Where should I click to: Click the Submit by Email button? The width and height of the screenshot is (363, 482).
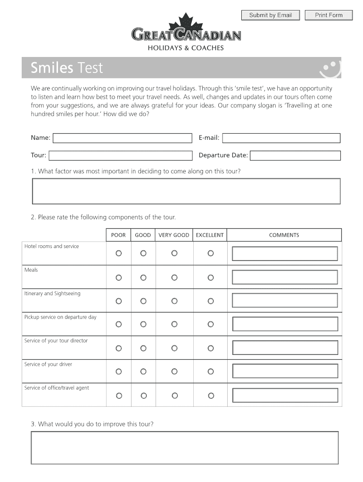[270, 16]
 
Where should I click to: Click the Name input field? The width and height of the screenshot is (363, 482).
[123, 138]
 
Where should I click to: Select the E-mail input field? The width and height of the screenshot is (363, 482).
[281, 138]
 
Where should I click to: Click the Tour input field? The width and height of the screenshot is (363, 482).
[120, 155]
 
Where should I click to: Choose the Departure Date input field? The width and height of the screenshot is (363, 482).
[295, 155]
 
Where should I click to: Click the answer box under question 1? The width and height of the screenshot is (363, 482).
[186, 191]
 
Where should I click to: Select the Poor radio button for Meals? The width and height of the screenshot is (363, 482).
[119, 277]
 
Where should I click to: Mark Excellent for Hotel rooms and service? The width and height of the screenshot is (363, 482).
[211, 253]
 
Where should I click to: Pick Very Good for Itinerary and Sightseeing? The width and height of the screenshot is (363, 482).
[174, 301]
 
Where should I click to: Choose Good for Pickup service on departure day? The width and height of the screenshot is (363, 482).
[143, 324]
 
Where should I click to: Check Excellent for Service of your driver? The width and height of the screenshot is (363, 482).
[211, 371]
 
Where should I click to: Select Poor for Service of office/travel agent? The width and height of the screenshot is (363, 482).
[119, 395]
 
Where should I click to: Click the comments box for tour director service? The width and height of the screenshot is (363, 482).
[285, 348]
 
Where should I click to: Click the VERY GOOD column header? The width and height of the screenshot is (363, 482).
[174, 235]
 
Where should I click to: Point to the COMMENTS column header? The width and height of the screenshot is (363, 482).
[284, 235]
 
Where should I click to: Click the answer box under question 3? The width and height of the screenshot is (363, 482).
[184, 448]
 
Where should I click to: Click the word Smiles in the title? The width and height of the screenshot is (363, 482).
[52, 68]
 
